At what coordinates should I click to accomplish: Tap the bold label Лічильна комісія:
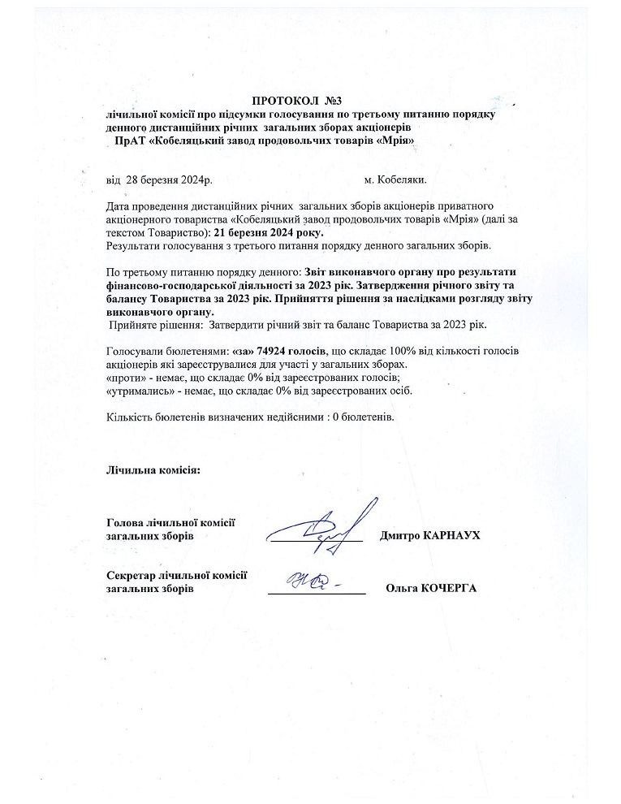point(153,470)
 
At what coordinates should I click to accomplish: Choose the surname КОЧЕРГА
point(446,589)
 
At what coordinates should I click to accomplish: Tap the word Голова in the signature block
point(125,522)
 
